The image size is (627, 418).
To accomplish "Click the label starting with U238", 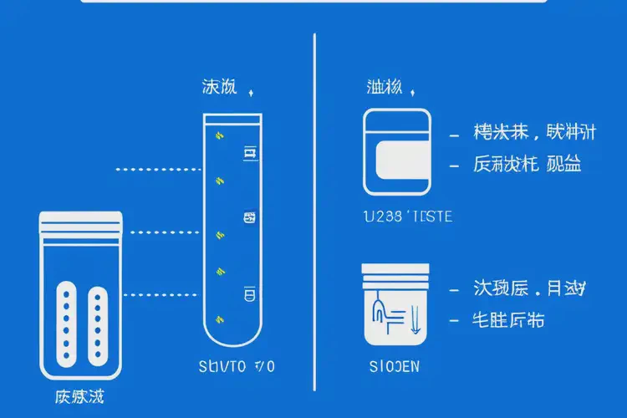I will (408, 217).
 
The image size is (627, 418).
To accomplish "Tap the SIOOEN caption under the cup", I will (395, 366).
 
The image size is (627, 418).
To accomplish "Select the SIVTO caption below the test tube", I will (237, 365).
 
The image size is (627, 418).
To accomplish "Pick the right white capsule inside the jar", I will (97, 327).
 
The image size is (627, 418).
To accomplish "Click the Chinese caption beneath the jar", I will (81, 396).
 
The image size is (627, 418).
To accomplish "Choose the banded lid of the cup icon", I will (395, 271).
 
